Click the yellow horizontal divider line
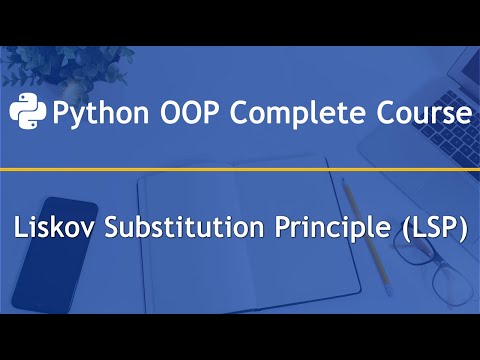point(240,171)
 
